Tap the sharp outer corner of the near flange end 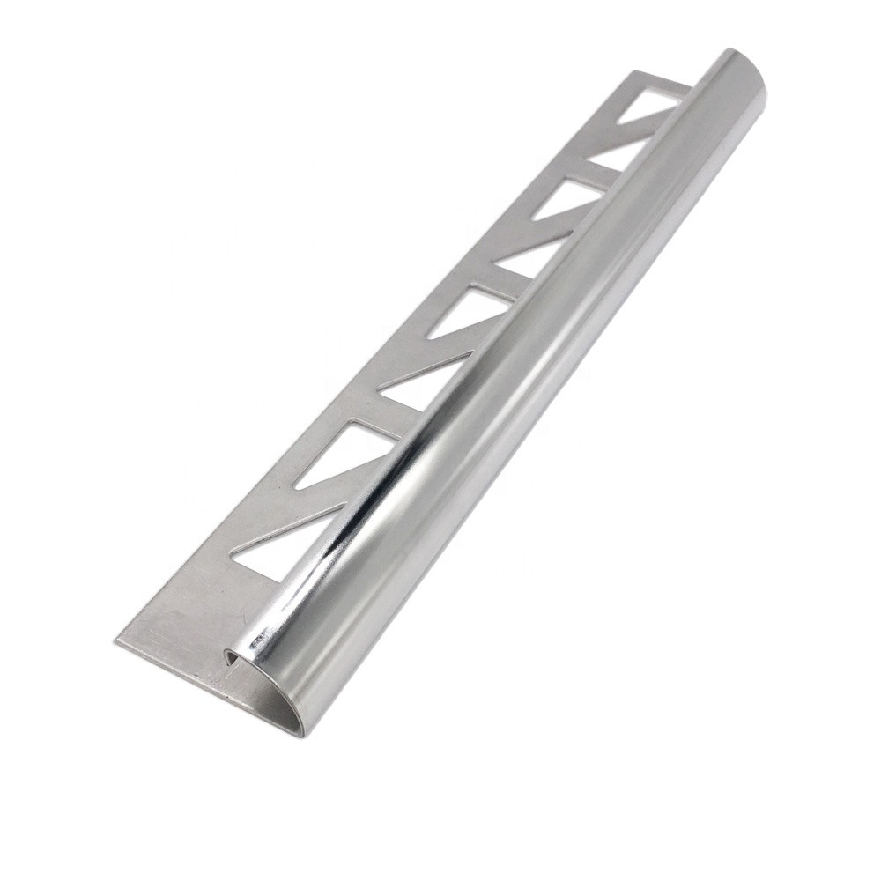coord(117,641)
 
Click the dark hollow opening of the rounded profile coord(231,657)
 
